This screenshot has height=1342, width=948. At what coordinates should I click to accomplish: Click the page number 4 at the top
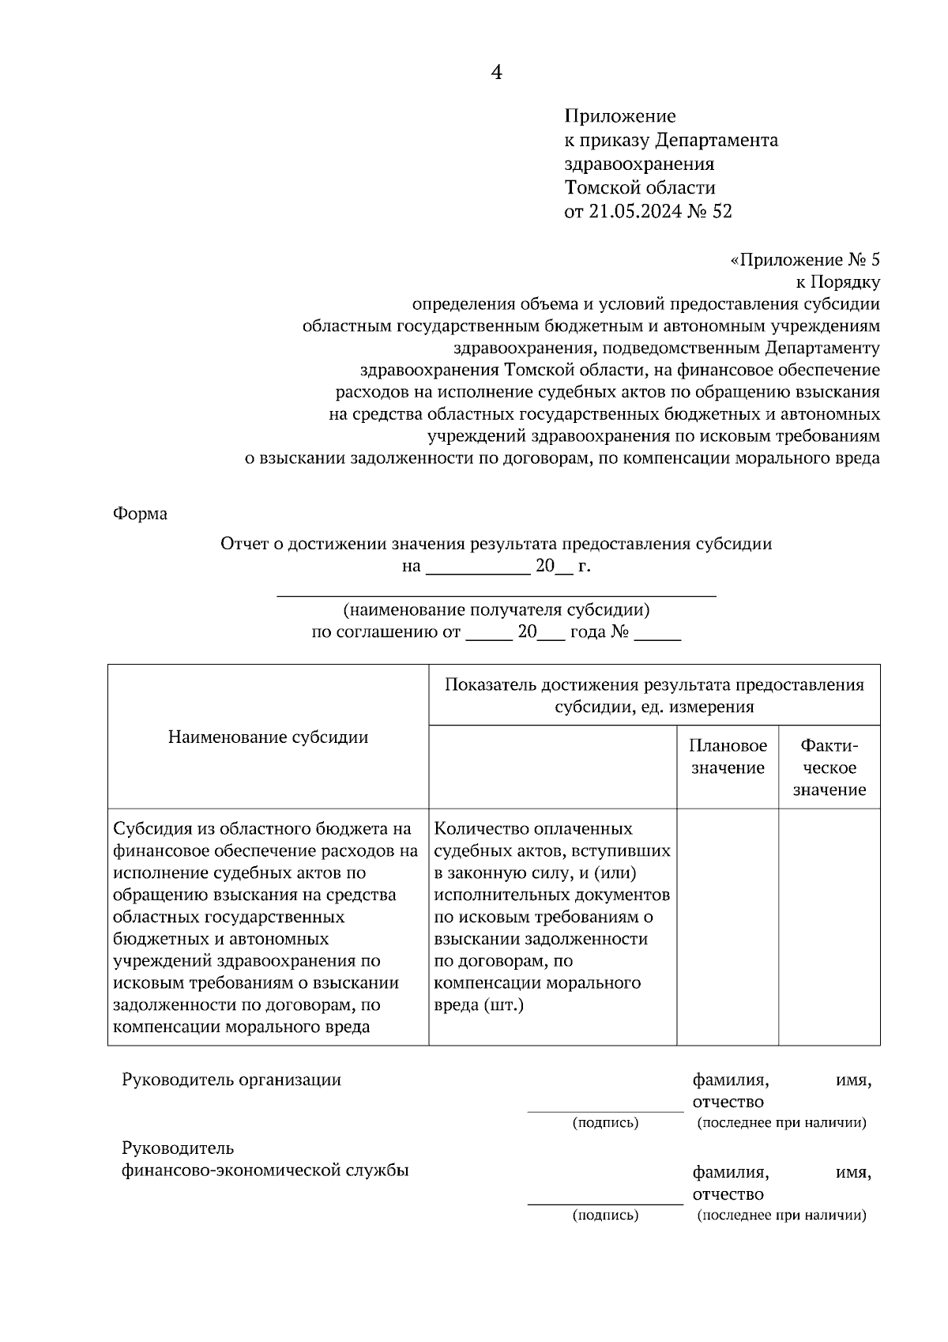(496, 73)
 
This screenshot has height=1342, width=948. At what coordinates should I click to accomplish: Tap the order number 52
(722, 212)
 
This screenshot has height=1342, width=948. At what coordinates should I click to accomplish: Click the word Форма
(141, 514)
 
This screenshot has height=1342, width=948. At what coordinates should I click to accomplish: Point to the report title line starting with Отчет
(496, 544)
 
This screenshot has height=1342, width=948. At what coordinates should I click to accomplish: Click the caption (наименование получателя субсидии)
(496, 610)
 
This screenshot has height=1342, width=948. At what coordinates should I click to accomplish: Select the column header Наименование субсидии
(268, 737)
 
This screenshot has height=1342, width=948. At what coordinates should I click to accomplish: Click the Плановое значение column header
(728, 757)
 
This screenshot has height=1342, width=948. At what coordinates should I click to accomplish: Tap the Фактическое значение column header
(829, 767)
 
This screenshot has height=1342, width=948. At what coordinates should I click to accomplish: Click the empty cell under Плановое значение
(728, 926)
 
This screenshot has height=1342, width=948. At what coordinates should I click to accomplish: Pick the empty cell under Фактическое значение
(829, 926)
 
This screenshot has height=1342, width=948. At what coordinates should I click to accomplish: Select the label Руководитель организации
(231, 1080)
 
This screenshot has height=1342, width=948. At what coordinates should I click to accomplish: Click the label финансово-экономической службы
(265, 1170)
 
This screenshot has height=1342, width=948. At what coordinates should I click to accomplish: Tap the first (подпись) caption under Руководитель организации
(605, 1123)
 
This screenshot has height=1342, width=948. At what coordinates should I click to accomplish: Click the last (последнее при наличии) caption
(781, 1216)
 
